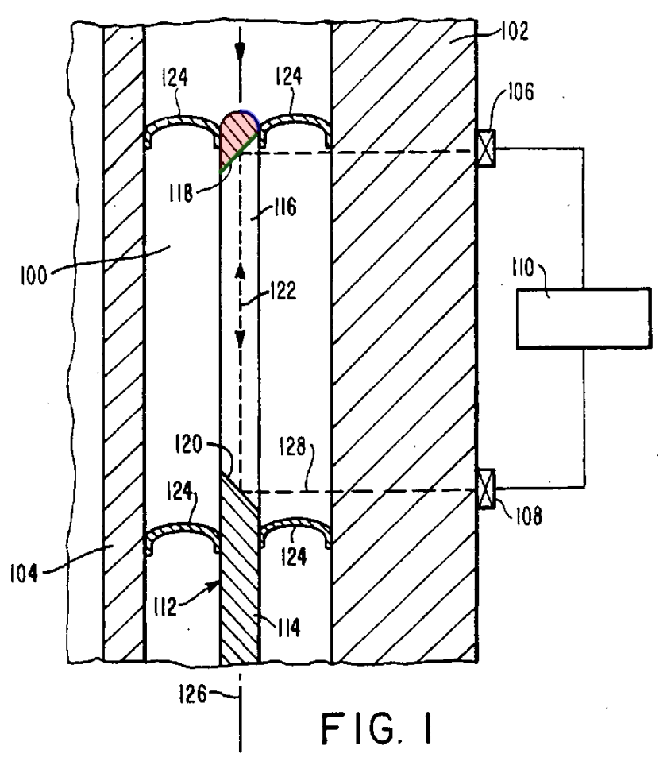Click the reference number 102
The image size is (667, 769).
pos(515,32)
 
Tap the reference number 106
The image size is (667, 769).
pos(520,91)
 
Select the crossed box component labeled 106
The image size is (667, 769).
pos(486,148)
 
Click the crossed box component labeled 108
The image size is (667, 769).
pos(486,489)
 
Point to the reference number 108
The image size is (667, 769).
pos(529,516)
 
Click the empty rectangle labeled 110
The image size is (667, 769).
pos(584,319)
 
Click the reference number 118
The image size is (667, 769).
pos(181,193)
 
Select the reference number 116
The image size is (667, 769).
pos(286,207)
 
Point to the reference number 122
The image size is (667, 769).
pos(283,291)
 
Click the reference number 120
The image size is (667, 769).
pos(189,444)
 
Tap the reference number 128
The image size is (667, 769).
pos(292,446)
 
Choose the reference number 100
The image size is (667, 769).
pos(34,275)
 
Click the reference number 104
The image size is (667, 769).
pos(24,573)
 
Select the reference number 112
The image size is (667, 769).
pos(164,607)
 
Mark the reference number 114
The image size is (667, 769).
pos(289,628)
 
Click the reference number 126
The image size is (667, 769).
pos(193,694)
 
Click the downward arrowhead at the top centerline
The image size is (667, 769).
pos(240,51)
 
